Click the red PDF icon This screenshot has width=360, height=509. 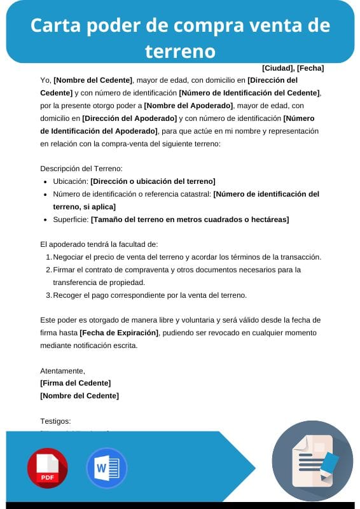click(x=47, y=468)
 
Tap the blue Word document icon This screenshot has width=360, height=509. click(x=106, y=468)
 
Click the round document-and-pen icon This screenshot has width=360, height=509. click(x=312, y=461)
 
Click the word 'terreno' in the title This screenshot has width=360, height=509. click(x=180, y=50)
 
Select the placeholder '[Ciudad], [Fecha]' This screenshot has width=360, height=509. click(x=293, y=68)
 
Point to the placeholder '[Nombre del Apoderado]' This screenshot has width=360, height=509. click(x=189, y=106)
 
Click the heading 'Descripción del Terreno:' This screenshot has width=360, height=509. click(x=81, y=169)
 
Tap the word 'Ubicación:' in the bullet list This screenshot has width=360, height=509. click(x=71, y=181)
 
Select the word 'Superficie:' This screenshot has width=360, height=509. click(x=71, y=220)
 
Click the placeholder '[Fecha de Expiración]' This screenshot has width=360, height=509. click(x=120, y=333)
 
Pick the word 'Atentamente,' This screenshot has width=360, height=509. click(x=62, y=370)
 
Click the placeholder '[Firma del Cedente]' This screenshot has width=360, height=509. click(x=75, y=382)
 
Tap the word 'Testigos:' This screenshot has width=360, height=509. click(x=55, y=421)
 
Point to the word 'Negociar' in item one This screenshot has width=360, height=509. click(x=69, y=257)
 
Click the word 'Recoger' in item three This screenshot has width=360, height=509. click(x=68, y=295)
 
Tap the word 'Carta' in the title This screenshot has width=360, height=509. click(x=52, y=25)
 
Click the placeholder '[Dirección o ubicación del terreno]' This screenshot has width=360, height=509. click(x=153, y=181)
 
